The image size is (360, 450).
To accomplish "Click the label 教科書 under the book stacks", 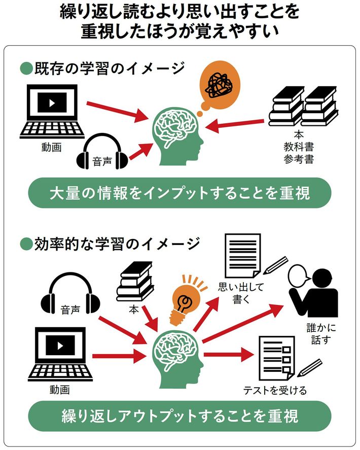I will point(298,148).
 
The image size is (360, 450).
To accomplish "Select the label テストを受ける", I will point(275,390).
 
